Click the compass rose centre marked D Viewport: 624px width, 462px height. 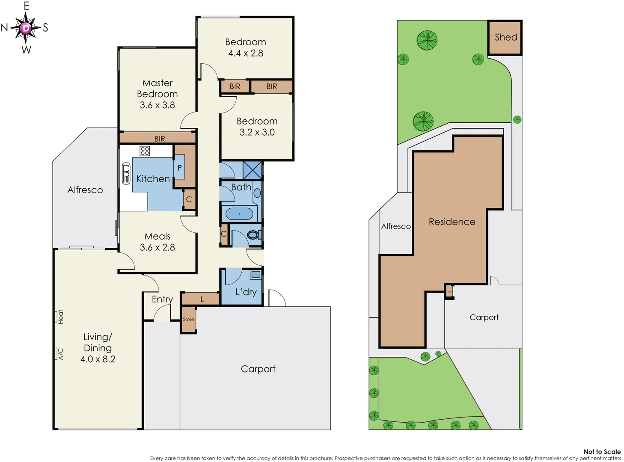[26, 28]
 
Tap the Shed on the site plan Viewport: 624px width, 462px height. [505, 38]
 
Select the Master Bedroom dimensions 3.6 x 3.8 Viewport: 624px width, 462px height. [157, 105]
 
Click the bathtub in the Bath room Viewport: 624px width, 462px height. [239, 213]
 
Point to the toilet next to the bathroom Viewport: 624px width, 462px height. [253, 235]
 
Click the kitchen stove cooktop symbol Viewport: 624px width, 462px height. [145, 151]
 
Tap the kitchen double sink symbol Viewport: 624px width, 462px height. [126, 173]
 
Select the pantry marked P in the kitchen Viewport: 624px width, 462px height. [180, 168]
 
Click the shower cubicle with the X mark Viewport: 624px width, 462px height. [252, 170]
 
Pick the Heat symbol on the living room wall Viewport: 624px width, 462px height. [60, 317]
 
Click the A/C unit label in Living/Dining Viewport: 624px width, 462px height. [60, 354]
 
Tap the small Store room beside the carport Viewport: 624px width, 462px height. [188, 319]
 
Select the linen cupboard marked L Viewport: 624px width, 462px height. [202, 299]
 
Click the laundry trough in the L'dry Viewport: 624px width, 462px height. [256, 275]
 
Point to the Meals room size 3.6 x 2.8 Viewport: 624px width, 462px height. [157, 247]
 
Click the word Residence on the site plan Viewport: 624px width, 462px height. [452, 222]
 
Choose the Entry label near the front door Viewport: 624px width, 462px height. [162, 299]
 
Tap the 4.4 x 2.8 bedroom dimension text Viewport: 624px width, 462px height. [246, 53]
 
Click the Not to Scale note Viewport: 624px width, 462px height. [602, 452]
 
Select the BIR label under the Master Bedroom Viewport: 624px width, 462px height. [160, 139]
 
